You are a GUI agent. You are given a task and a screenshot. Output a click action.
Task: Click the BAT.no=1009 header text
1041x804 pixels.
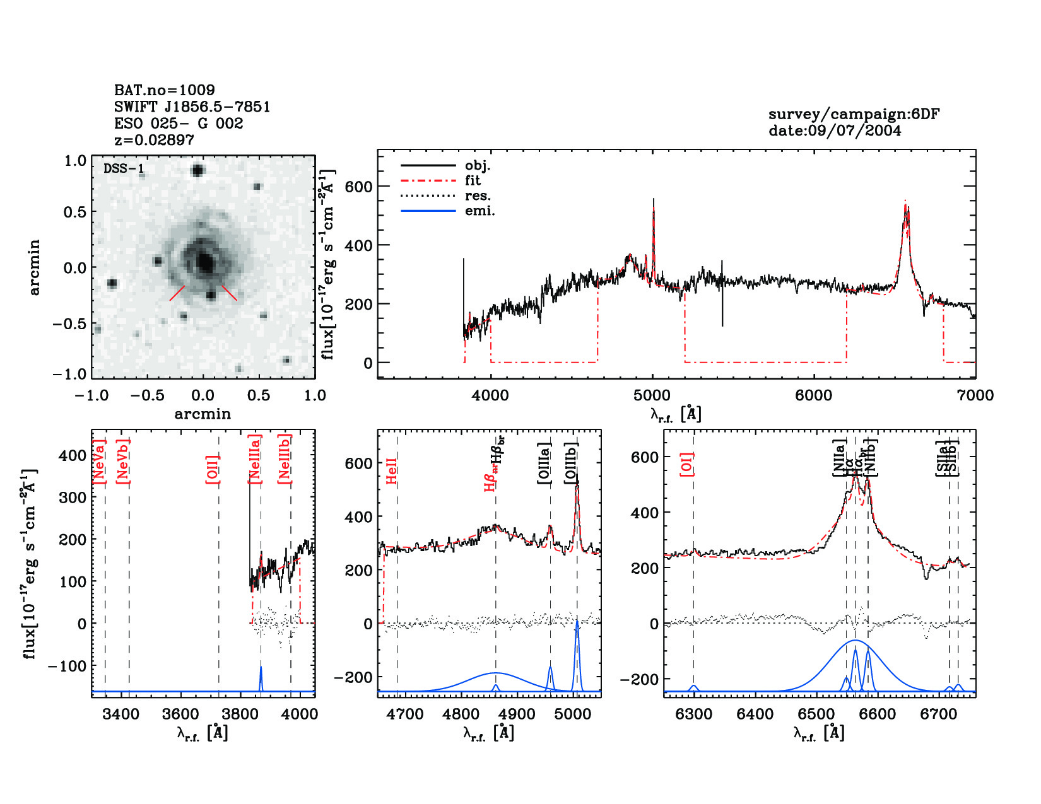[165, 90]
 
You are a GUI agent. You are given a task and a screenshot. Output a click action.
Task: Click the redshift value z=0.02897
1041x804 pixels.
[154, 140]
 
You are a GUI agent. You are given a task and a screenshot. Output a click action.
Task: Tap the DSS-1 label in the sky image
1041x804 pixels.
[124, 168]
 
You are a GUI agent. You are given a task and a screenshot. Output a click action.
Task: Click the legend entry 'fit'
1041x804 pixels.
[473, 180]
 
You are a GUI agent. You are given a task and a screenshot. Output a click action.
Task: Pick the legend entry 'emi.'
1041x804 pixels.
[479, 211]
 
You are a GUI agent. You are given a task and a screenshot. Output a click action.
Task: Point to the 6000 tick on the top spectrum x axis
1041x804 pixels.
[813, 395]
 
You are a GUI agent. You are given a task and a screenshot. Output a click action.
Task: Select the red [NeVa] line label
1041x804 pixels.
[99, 462]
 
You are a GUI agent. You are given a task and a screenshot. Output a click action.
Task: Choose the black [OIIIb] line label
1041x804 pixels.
[572, 463]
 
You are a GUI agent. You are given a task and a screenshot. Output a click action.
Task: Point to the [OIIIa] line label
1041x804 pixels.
[544, 463]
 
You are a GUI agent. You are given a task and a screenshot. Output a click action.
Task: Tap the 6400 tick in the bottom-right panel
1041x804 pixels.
[755, 714]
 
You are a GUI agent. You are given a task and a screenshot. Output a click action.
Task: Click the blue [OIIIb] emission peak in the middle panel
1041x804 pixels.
[577, 621]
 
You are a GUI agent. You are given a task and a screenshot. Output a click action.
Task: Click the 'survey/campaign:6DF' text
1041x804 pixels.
[854, 114]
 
